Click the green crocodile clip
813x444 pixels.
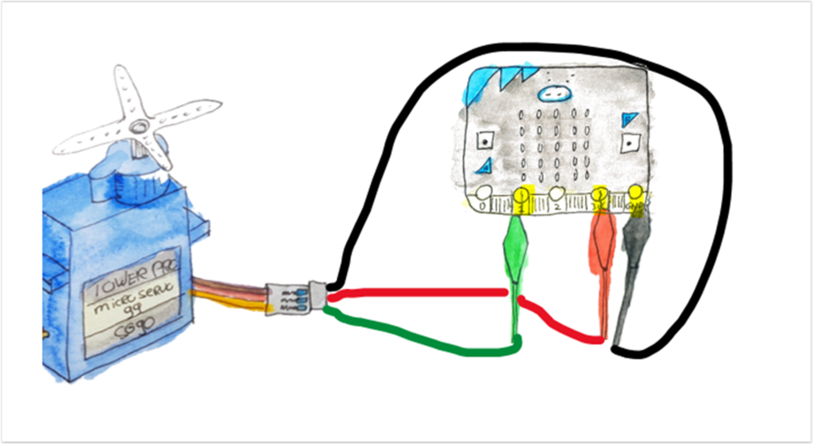pyautogui.click(x=517, y=249)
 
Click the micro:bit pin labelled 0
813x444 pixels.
pyautogui.click(x=483, y=194)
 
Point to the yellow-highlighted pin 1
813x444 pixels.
pyautogui.click(x=522, y=195)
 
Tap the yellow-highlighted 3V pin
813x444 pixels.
pyautogui.click(x=600, y=195)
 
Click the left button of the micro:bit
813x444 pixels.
pyautogui.click(x=483, y=140)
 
